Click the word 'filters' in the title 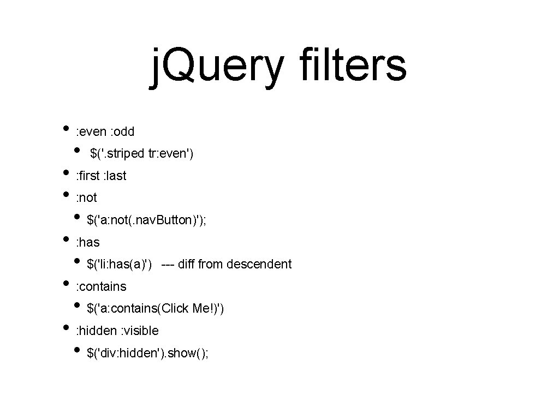pos(353,66)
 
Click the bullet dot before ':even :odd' pos(66,129)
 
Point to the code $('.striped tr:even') pos(142,154)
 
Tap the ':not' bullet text pos(86,197)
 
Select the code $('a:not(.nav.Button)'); pos(146,220)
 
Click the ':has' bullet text pos(87,242)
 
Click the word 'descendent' pos(259,265)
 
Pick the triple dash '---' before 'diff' pos(168,265)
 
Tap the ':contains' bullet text pos(100,286)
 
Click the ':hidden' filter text pos(96,331)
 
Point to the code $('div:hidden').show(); pos(147,354)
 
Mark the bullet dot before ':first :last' pos(66,173)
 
